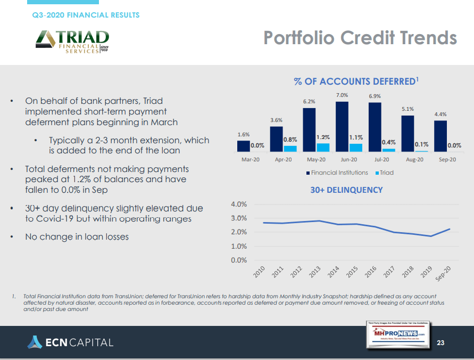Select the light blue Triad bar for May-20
click(323, 147)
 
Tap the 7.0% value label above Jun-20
click(342, 95)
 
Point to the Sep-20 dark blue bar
click(440, 136)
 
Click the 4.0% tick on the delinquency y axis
click(239, 204)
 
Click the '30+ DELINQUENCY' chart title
click(346, 190)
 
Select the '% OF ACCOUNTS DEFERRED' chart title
click(355, 81)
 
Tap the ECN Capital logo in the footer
click(70, 342)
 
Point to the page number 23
click(440, 342)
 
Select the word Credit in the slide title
click(371, 38)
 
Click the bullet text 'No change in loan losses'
click(77, 236)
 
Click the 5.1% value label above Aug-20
click(408, 109)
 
